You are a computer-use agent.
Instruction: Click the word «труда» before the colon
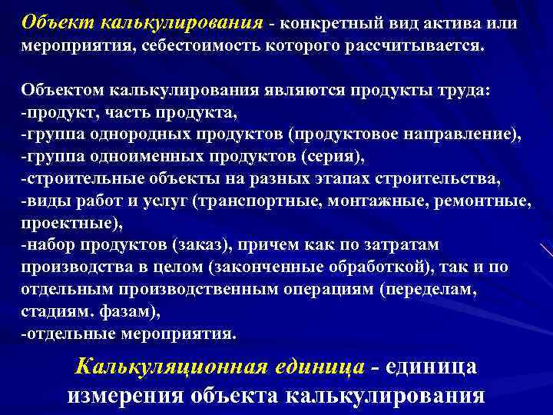coord(475,91)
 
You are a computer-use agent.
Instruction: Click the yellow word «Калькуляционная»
coord(171,367)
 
